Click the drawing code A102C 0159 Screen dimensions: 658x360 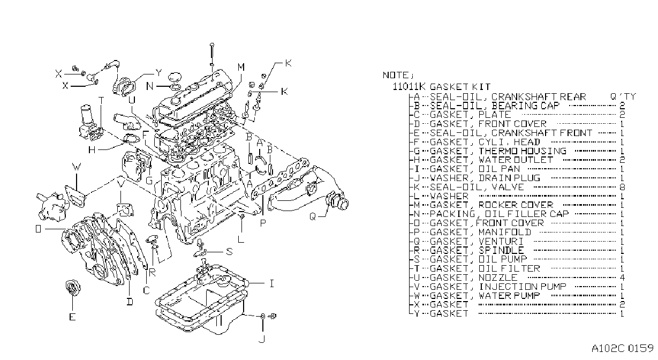tap(623, 348)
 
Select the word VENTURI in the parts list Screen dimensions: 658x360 tap(501, 242)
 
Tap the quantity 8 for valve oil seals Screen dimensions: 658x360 tap(622, 187)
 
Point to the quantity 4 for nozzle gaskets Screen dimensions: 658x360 tap(622, 277)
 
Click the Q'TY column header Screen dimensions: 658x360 tap(623, 96)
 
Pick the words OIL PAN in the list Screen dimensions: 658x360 tap(500, 169)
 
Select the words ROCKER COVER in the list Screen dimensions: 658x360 tap(516, 205)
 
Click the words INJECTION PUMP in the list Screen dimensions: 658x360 tap(523, 287)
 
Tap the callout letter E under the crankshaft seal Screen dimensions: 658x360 tap(72, 317)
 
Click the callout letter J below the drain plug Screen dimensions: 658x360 tap(262, 340)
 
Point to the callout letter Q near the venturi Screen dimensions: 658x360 tap(313, 217)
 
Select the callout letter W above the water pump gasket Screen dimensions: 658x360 tap(77, 168)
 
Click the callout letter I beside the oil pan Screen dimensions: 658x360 tap(272, 283)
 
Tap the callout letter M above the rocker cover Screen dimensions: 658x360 tap(241, 67)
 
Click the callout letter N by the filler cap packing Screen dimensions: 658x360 tap(150, 86)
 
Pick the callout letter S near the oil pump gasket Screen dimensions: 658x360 tap(230, 252)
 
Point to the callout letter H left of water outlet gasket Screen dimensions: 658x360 tap(92, 150)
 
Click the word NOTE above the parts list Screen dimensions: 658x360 tap(396, 75)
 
